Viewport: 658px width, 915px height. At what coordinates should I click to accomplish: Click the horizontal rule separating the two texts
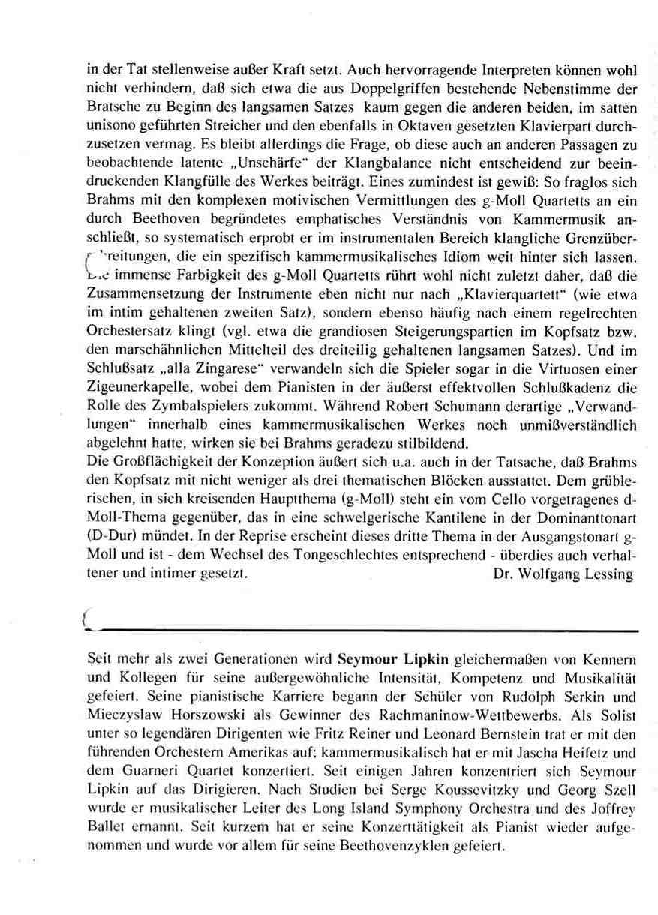coord(360,631)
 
